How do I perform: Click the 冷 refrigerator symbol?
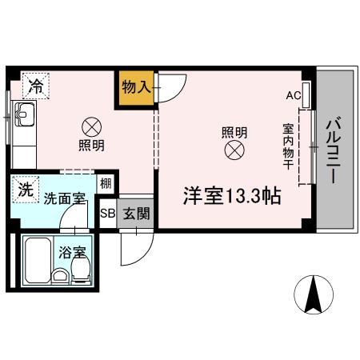35,84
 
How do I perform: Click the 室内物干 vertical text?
286,146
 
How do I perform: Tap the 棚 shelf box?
106,183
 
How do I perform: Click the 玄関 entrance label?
134,214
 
